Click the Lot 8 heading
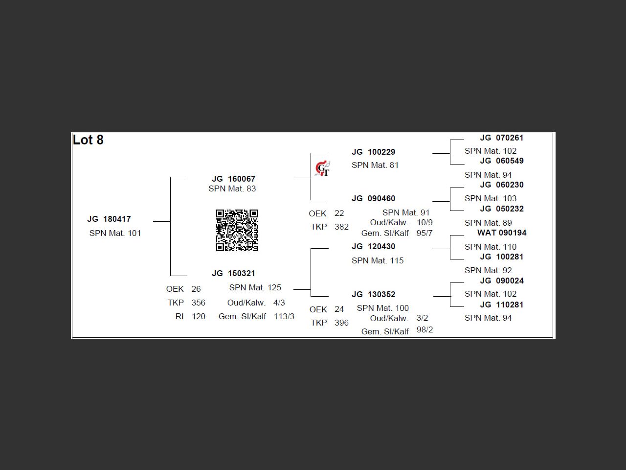[x=89, y=140]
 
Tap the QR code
[x=237, y=230]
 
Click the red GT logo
[x=322, y=168]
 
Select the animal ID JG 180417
[x=109, y=219]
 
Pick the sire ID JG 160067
[x=233, y=179]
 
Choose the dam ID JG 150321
[x=233, y=273]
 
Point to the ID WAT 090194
[x=502, y=233]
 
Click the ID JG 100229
[x=373, y=152]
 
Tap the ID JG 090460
[x=373, y=198]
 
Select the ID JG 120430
[x=373, y=246]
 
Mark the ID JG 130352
[x=373, y=294]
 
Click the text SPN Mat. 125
[x=255, y=287]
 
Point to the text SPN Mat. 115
[x=378, y=260]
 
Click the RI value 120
[x=199, y=316]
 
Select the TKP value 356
[x=199, y=303]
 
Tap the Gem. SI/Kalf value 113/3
[x=284, y=316]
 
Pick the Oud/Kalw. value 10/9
[x=425, y=222]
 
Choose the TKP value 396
[x=341, y=323]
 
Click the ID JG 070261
[x=501, y=138]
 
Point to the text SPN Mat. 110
[x=491, y=247]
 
